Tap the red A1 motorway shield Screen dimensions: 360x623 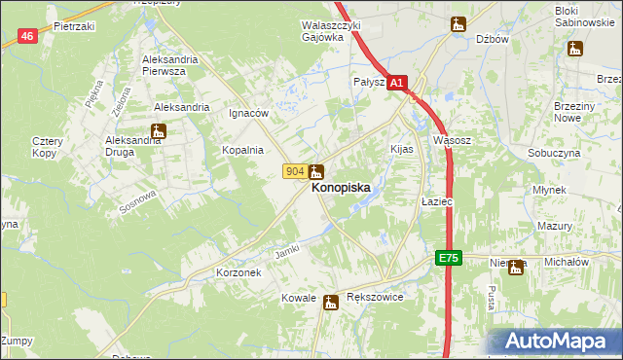[396, 85]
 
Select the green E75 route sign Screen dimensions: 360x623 [447, 258]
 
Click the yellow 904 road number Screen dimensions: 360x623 [296, 171]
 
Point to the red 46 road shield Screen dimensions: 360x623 [28, 36]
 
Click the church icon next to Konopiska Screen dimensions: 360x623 [317, 171]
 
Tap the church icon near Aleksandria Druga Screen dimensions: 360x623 [158, 130]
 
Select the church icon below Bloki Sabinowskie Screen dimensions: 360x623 [575, 48]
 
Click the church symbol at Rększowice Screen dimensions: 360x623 [331, 302]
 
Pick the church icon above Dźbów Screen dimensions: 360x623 [458, 23]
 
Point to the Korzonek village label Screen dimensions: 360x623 [238, 273]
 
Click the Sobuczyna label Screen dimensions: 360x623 [554, 154]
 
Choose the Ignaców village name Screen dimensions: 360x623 [248, 113]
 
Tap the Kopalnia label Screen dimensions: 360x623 [242, 150]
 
